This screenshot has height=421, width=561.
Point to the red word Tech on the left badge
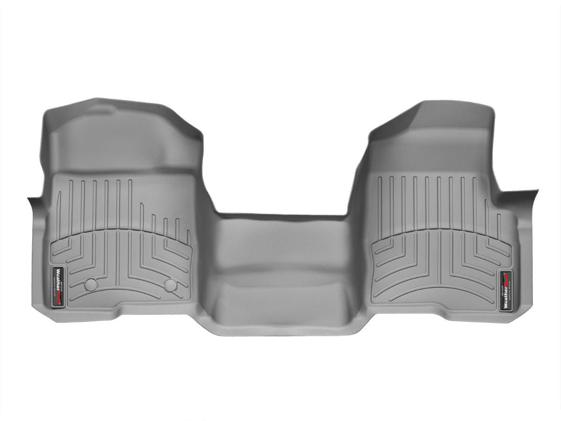(59, 298)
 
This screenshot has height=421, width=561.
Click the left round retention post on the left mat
(91, 284)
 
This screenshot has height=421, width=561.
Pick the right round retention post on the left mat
(171, 285)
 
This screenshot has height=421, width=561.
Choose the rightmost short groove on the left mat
(188, 236)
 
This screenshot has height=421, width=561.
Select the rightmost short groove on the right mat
(499, 226)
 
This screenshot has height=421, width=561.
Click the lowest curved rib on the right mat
(439, 293)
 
